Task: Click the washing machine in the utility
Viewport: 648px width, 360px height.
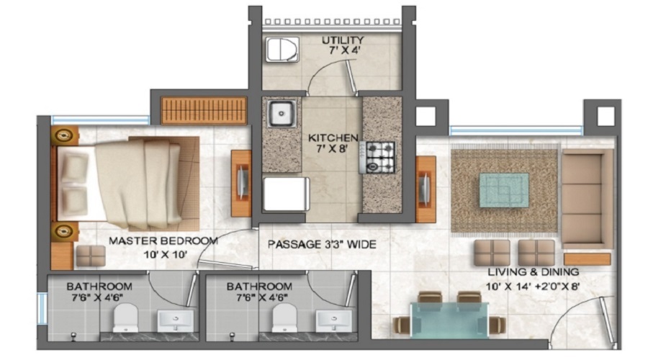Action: pyautogui.click(x=282, y=49)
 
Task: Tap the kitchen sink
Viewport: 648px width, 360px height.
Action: pyautogui.click(x=282, y=113)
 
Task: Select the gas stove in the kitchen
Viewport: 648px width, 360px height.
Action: pyautogui.click(x=377, y=157)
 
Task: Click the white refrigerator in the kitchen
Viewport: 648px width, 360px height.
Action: pyautogui.click(x=286, y=194)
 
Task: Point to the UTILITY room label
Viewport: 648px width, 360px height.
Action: pyautogui.click(x=343, y=40)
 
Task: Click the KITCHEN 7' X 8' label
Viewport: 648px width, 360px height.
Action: pyautogui.click(x=333, y=143)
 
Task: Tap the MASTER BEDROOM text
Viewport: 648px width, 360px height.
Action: pyautogui.click(x=163, y=241)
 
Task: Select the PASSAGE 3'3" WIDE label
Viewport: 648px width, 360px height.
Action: pyautogui.click(x=322, y=244)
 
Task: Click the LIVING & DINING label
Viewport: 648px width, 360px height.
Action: pyautogui.click(x=533, y=272)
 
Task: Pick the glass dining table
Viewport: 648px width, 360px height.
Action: pyautogui.click(x=449, y=320)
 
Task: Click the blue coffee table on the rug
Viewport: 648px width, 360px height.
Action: pyautogui.click(x=504, y=190)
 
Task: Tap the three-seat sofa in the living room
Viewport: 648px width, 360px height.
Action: pyautogui.click(x=586, y=199)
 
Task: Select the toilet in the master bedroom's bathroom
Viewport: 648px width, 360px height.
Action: pyautogui.click(x=125, y=318)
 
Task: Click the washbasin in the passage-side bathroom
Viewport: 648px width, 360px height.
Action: pyautogui.click(x=334, y=320)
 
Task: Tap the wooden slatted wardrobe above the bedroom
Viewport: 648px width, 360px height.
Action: pyautogui.click(x=204, y=110)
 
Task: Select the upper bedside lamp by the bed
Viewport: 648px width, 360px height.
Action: pyautogui.click(x=64, y=135)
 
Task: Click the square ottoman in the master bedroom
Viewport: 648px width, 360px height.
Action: pyautogui.click(x=91, y=256)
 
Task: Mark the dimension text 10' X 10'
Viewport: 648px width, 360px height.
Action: pyautogui.click(x=166, y=254)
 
